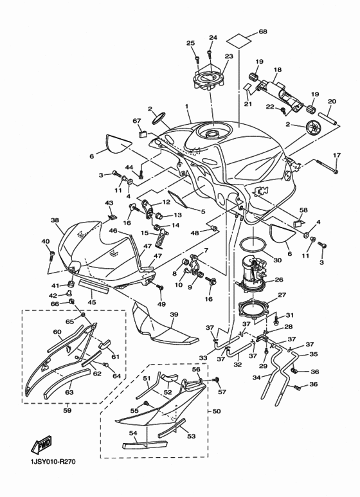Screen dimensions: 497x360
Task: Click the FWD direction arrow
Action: pos(40,446)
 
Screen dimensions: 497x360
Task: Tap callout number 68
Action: pos(262,32)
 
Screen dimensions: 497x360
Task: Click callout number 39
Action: pos(174,314)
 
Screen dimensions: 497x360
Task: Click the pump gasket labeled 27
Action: pos(253,307)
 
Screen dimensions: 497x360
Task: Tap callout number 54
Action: pos(134,435)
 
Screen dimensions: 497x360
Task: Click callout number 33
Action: pos(203,357)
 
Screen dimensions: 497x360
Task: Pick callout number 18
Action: pos(278,69)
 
